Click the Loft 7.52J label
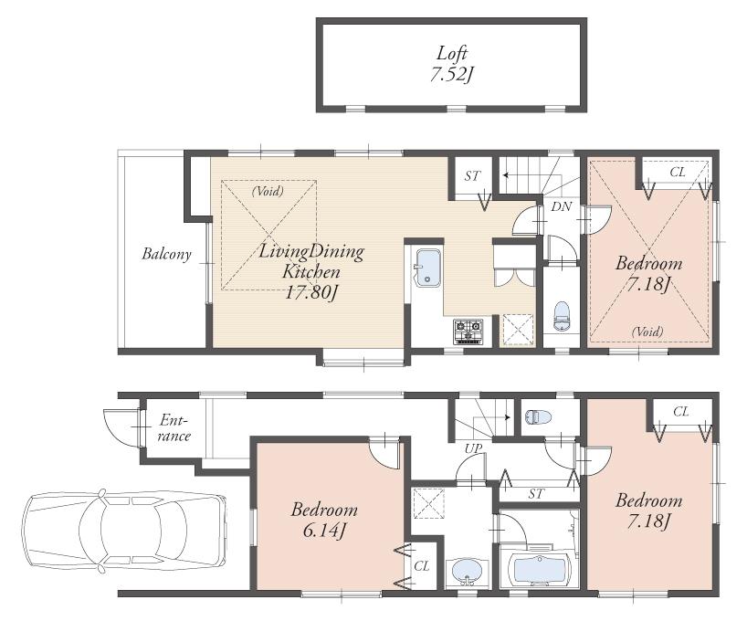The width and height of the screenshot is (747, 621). click(450, 64)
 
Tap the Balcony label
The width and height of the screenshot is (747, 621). click(166, 254)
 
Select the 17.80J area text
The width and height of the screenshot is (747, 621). click(311, 292)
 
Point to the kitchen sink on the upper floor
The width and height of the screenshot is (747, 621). click(428, 268)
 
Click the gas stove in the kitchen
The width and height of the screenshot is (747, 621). click(468, 328)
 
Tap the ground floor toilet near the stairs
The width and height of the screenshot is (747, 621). click(536, 416)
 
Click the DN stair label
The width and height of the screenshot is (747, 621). click(562, 207)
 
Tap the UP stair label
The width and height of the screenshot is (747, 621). click(472, 448)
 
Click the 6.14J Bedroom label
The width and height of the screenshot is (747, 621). click(324, 520)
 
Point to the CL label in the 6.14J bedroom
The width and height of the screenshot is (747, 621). click(421, 566)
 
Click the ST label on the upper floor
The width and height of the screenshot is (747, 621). click(472, 175)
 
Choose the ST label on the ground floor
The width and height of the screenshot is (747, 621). click(535, 494)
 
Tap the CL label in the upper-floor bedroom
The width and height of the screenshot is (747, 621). click(678, 171)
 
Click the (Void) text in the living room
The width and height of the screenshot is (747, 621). click(268, 192)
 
